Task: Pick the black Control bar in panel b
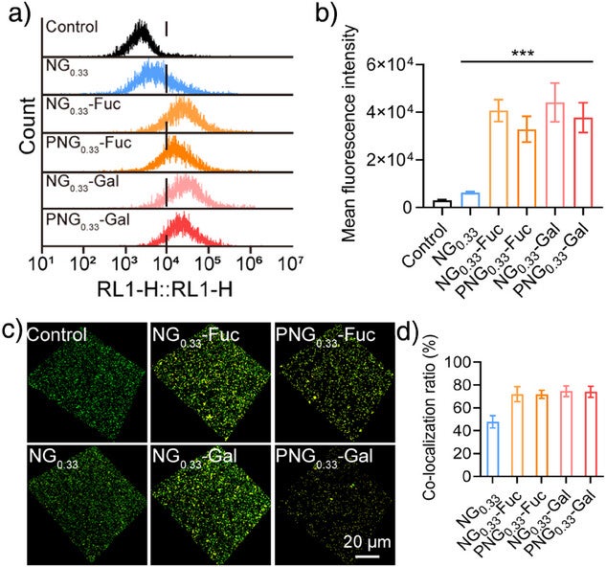[441, 203]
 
